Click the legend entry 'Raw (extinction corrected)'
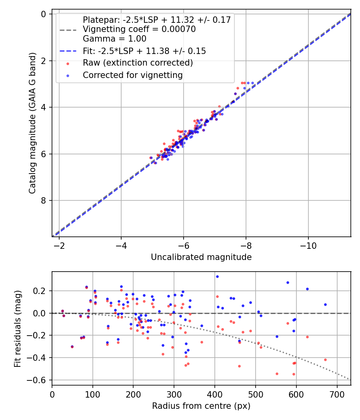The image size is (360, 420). click(138, 63)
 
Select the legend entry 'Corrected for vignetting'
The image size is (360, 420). click(132, 75)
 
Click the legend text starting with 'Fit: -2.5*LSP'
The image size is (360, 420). click(144, 51)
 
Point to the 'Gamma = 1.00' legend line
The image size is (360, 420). click(114, 39)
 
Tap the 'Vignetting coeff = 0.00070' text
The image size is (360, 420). click(139, 29)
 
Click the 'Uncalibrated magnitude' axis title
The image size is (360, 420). click(201, 257)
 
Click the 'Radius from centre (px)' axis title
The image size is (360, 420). click(201, 406)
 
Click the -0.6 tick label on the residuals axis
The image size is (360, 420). click(39, 380)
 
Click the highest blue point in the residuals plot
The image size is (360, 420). click(217, 276)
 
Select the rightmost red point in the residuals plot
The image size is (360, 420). click(325, 360)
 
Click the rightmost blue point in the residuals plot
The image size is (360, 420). click(325, 304)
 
